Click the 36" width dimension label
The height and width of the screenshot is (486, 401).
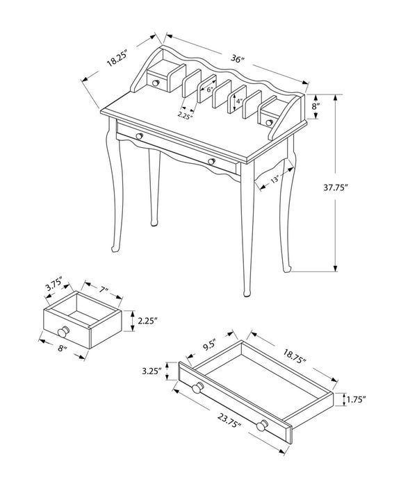[237, 60]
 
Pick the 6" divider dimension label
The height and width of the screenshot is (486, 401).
[208, 90]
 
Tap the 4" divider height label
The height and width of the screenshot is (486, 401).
[238, 101]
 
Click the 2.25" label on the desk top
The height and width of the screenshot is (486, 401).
[184, 116]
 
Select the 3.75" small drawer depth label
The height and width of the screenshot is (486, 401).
[54, 286]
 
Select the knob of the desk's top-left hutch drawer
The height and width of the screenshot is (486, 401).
[157, 83]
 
